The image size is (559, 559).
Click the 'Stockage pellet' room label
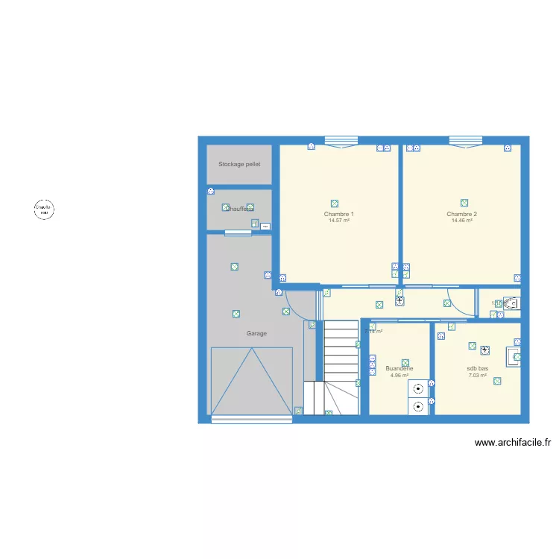239,164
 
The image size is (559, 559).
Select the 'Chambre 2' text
462,215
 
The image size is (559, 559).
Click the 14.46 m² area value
462,221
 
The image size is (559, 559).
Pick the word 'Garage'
256,334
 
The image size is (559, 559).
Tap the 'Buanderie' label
399,369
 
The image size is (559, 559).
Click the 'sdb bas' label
478,369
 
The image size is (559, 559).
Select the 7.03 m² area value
478,376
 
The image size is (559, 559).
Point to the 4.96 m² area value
399,376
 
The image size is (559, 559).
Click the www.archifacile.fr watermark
513,443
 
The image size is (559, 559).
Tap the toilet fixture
511,303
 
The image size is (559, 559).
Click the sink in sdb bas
514,358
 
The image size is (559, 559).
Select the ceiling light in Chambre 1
335,203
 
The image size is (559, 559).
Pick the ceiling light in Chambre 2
464,203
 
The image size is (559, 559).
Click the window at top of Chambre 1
341,140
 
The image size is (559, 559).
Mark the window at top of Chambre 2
465,140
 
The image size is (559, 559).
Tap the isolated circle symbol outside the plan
43,209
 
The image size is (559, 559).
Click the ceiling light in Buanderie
405,363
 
